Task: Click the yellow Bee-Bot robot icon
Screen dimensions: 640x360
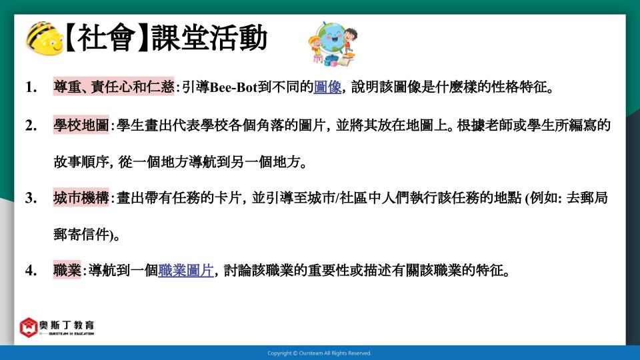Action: (44, 39)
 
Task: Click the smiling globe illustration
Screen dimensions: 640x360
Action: (333, 44)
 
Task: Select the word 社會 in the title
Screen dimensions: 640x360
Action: (106, 38)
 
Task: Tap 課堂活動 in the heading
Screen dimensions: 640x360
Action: (209, 38)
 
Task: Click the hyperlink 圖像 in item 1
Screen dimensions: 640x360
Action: (327, 87)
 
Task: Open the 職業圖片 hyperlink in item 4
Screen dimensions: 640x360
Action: (186, 270)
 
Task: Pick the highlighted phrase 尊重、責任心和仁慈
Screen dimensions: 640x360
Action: (113, 87)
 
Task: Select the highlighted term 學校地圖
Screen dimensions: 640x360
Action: (81, 125)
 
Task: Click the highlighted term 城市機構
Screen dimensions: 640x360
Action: (81, 197)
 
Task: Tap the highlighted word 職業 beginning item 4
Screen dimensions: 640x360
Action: (67, 270)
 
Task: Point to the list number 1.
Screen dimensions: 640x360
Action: (31, 87)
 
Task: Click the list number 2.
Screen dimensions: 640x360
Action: (31, 125)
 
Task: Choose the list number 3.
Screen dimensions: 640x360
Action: (31, 198)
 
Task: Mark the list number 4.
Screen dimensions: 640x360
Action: (31, 271)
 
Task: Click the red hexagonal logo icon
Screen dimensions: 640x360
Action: (29, 327)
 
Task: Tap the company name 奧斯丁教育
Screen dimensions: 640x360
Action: (67, 325)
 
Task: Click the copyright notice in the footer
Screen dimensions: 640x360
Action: (319, 353)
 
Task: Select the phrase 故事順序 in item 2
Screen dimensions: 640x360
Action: (81, 162)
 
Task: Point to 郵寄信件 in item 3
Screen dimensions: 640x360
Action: (81, 235)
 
